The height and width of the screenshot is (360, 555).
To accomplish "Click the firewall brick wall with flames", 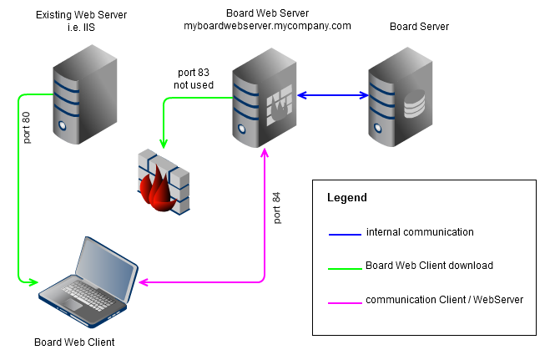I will point(164,183).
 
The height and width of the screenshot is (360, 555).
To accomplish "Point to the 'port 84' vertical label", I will point(277,208).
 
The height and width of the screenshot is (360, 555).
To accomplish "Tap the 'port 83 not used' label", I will point(194,79).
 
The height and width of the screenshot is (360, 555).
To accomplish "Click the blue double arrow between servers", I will point(334,95).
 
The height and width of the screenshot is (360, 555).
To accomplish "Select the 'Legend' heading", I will point(346,198).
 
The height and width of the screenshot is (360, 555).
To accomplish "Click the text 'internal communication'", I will point(420,232).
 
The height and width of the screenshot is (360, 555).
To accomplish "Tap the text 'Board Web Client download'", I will point(429,266).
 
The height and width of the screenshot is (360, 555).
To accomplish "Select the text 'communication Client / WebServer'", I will point(444,299).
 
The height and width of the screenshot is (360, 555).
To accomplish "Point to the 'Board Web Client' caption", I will point(74,342).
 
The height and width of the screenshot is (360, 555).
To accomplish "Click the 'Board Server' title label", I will point(420,27).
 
